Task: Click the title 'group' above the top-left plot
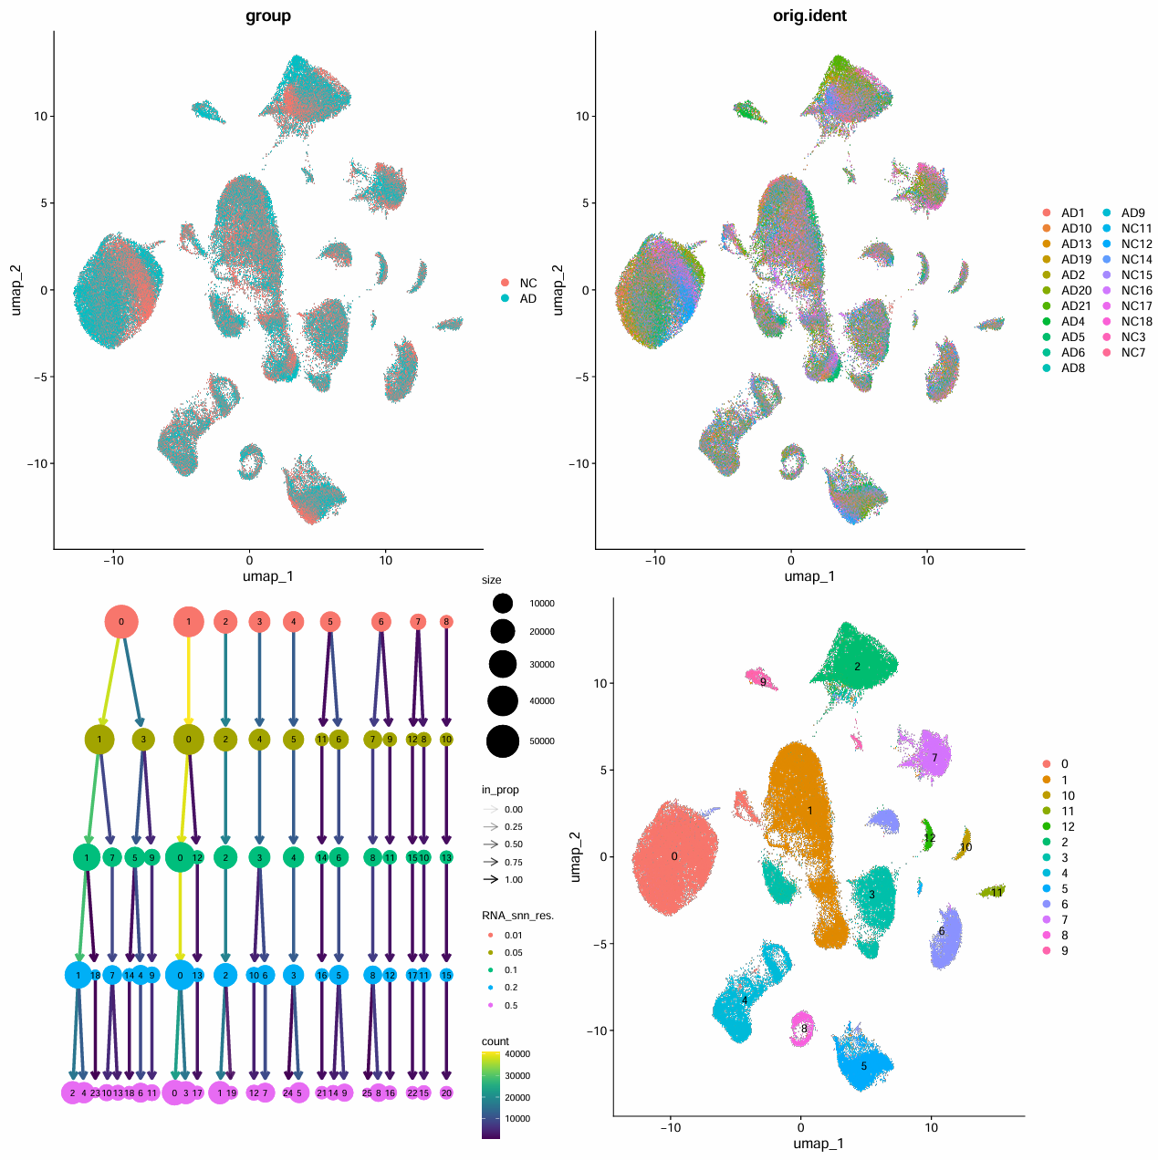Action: tap(268, 16)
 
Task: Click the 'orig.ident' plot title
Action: tap(809, 16)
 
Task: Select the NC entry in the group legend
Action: tap(527, 283)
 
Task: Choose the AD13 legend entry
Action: tap(1076, 243)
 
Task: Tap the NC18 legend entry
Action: tap(1136, 321)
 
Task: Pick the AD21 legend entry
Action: tap(1076, 306)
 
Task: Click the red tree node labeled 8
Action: tap(446, 622)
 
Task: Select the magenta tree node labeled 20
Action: tap(446, 1093)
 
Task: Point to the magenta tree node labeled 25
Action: tap(367, 1093)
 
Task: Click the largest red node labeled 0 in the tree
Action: tap(121, 622)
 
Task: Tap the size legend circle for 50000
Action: tap(503, 741)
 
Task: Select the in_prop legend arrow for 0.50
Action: tap(491, 844)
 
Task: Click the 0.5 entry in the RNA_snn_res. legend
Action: tap(511, 1005)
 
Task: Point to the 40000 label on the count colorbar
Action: tap(517, 1054)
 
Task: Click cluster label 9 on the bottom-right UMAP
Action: tap(763, 681)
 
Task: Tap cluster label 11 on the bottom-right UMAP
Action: tap(996, 892)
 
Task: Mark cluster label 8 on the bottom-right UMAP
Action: tap(804, 1029)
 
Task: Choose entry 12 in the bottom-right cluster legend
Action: tap(1068, 826)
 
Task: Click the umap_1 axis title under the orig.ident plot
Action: tap(809, 575)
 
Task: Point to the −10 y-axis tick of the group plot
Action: tap(37, 463)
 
